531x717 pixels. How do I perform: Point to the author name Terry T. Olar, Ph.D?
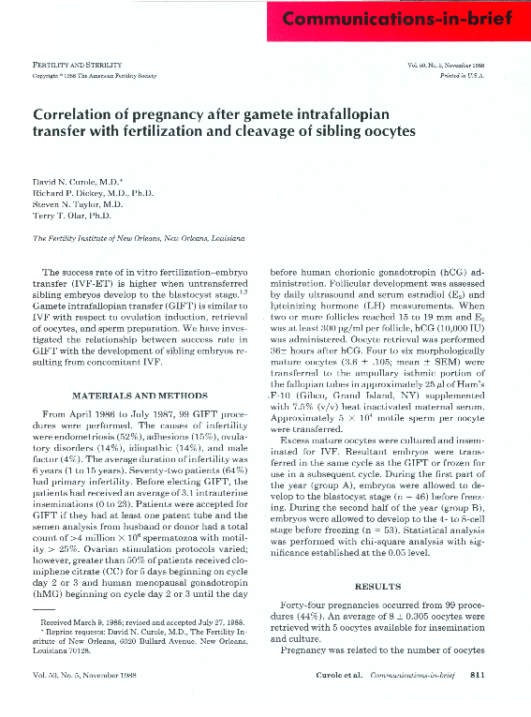pos(72,214)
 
